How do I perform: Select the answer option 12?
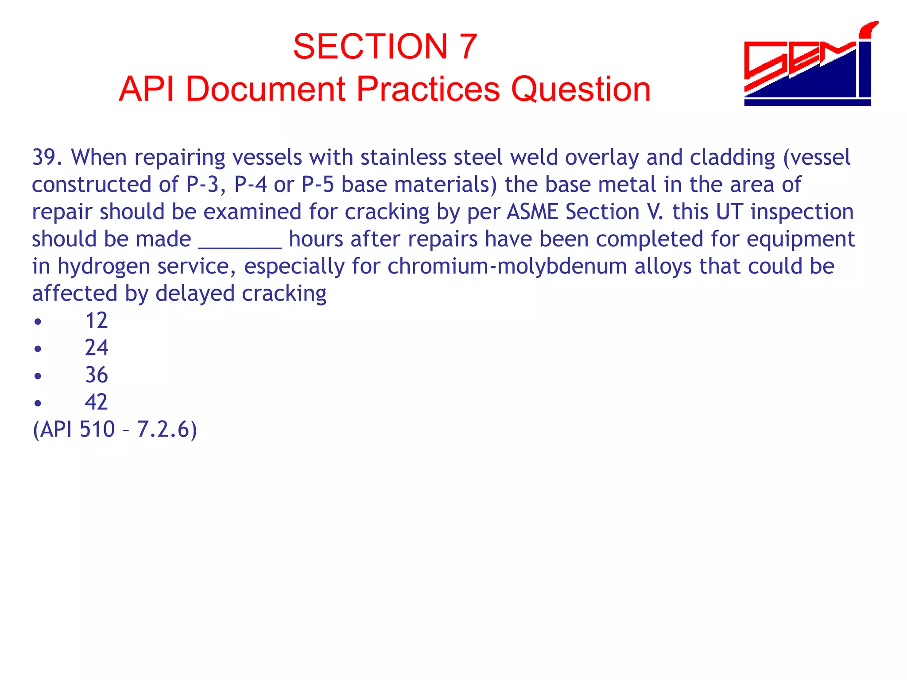click(96, 320)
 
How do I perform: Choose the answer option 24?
click(96, 348)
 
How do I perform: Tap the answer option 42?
click(96, 402)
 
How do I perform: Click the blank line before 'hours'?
click(240, 241)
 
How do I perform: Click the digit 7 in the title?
click(468, 46)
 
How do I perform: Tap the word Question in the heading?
click(581, 89)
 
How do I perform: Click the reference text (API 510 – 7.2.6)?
click(115, 429)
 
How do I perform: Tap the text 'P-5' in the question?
click(317, 185)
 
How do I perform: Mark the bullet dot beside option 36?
click(38, 376)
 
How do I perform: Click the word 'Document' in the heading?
click(265, 89)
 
